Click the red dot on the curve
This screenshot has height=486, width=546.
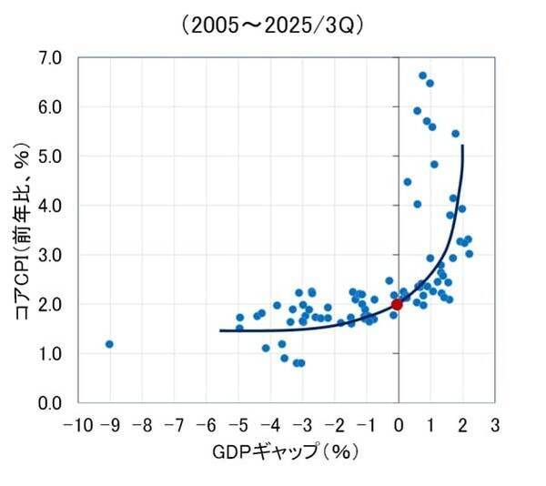pos(397,304)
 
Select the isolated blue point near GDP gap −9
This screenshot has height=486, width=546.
pos(109,344)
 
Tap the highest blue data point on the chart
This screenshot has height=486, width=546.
pos(422,76)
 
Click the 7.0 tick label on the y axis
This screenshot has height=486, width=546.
pos(51,58)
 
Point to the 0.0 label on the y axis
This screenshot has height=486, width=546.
pos(51,402)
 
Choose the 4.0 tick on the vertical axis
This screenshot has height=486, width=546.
pos(51,206)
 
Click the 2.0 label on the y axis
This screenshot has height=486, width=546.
pos(51,304)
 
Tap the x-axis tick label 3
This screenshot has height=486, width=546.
pos(494,425)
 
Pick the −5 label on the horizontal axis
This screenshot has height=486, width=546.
pos(237,425)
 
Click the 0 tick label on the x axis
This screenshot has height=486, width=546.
pos(399,425)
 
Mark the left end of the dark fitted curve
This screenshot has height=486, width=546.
pos(221,330)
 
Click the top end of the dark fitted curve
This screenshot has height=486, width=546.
pos(462,146)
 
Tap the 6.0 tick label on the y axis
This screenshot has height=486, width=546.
pos(51,107)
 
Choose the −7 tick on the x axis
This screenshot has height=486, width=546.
pos(172,425)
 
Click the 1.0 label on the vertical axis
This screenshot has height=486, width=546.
pos(51,353)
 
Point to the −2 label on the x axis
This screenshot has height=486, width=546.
pos(334,425)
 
